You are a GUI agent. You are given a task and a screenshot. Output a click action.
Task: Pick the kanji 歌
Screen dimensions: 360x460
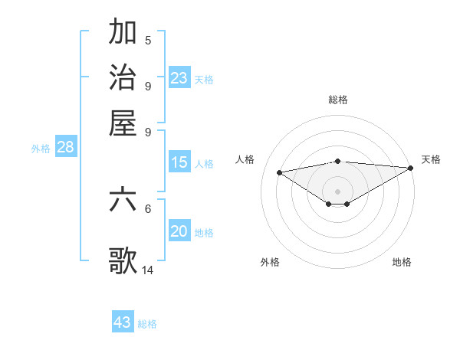pos(123,260)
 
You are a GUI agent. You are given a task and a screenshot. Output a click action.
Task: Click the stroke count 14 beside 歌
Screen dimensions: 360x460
pos(148,270)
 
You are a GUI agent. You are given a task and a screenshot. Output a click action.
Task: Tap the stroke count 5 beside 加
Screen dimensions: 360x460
pos(148,40)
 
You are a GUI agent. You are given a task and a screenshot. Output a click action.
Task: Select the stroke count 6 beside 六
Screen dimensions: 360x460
pos(148,208)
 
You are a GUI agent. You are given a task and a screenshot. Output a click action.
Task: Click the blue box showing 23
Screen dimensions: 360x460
pos(179,78)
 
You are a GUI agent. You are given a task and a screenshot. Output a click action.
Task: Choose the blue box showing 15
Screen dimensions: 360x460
pos(179,162)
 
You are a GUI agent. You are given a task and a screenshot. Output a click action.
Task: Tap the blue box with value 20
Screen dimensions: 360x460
pos(179,232)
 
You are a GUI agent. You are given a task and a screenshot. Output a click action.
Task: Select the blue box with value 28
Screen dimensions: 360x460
pos(65,148)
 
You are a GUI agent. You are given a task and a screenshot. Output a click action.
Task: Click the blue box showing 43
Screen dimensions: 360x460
pos(123,322)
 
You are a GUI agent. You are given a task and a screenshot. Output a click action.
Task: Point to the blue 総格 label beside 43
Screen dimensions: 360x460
pos(147,324)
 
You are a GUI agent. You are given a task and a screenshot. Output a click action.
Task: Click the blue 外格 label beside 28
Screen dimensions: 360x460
pos(41,149)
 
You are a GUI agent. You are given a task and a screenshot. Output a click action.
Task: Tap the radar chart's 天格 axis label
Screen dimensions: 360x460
pos(431,159)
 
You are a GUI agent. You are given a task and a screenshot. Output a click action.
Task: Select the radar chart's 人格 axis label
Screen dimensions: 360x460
pos(245,159)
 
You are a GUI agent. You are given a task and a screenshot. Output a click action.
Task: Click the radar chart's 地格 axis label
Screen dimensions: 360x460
pos(402,262)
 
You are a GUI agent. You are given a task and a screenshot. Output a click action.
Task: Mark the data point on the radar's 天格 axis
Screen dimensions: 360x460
pos(411,168)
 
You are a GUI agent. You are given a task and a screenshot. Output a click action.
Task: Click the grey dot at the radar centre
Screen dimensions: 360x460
pos(337,191)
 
